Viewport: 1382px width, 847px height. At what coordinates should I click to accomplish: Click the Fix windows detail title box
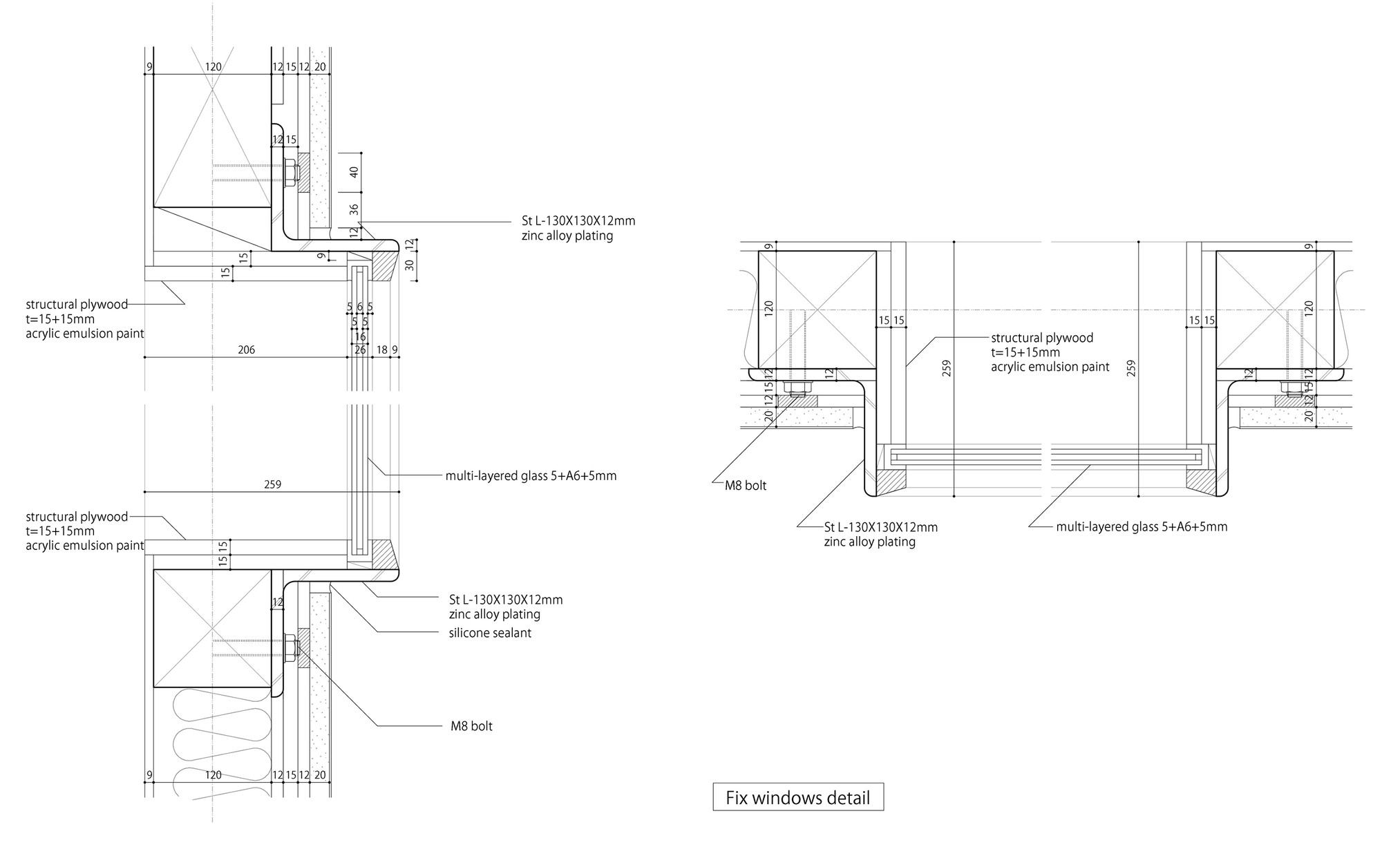coord(798,798)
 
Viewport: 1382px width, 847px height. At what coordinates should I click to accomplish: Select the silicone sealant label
coord(490,633)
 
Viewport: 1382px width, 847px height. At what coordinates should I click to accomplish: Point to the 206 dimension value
coord(246,350)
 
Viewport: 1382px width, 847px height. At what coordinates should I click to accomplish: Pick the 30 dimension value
coord(410,265)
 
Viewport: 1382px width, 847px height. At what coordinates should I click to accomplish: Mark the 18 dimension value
coord(381,350)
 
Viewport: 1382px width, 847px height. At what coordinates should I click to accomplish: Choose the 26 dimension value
coord(359,350)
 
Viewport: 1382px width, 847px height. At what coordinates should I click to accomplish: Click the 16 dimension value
coord(359,336)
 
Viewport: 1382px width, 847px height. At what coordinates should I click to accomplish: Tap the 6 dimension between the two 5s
coord(359,306)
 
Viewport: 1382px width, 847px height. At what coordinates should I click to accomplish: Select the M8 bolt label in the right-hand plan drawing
coord(746,486)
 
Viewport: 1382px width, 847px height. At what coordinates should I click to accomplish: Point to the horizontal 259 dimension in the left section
coord(272,484)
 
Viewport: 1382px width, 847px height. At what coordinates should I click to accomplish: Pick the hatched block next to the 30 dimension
coord(383,266)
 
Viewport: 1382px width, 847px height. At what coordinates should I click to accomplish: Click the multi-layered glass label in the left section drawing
coord(531,476)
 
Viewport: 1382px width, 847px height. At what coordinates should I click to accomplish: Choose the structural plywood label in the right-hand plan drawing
coord(1050,352)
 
